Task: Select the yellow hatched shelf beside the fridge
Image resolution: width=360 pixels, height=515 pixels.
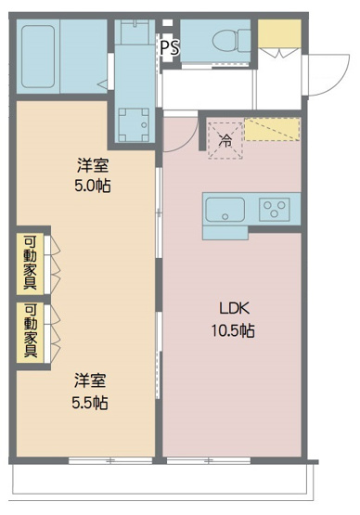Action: click(275, 129)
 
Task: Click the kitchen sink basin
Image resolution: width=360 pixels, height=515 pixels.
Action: click(225, 209)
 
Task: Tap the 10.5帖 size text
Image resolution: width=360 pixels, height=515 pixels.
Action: click(233, 330)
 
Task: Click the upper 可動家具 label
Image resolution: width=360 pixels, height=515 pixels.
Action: click(31, 263)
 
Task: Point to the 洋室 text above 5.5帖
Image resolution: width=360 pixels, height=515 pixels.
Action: click(91, 380)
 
